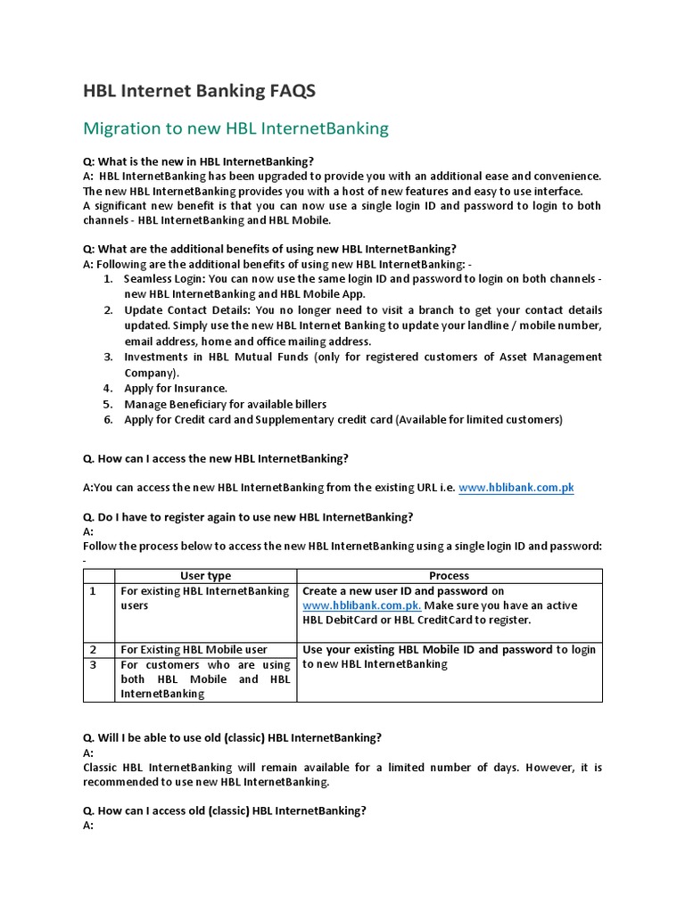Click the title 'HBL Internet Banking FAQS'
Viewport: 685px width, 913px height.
click(x=199, y=91)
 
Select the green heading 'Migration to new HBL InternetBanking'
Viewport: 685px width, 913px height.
click(x=235, y=128)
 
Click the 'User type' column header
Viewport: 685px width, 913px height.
click(x=205, y=576)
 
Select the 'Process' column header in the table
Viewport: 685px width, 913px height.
click(x=449, y=576)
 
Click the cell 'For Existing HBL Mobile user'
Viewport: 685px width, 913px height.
click(x=194, y=650)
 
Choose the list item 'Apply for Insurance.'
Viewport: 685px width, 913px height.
click(x=176, y=389)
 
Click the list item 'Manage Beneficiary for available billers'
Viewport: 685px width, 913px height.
click(x=225, y=404)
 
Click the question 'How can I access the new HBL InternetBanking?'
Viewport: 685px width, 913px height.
click(x=215, y=458)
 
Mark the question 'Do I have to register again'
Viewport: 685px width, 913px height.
click(x=248, y=517)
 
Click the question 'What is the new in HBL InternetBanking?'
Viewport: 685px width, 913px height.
click(x=198, y=161)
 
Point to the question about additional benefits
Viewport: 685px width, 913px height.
click(x=269, y=249)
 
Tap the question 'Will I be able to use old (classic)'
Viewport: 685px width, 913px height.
click(x=232, y=737)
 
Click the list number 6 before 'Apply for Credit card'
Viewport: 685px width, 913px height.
click(x=107, y=419)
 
